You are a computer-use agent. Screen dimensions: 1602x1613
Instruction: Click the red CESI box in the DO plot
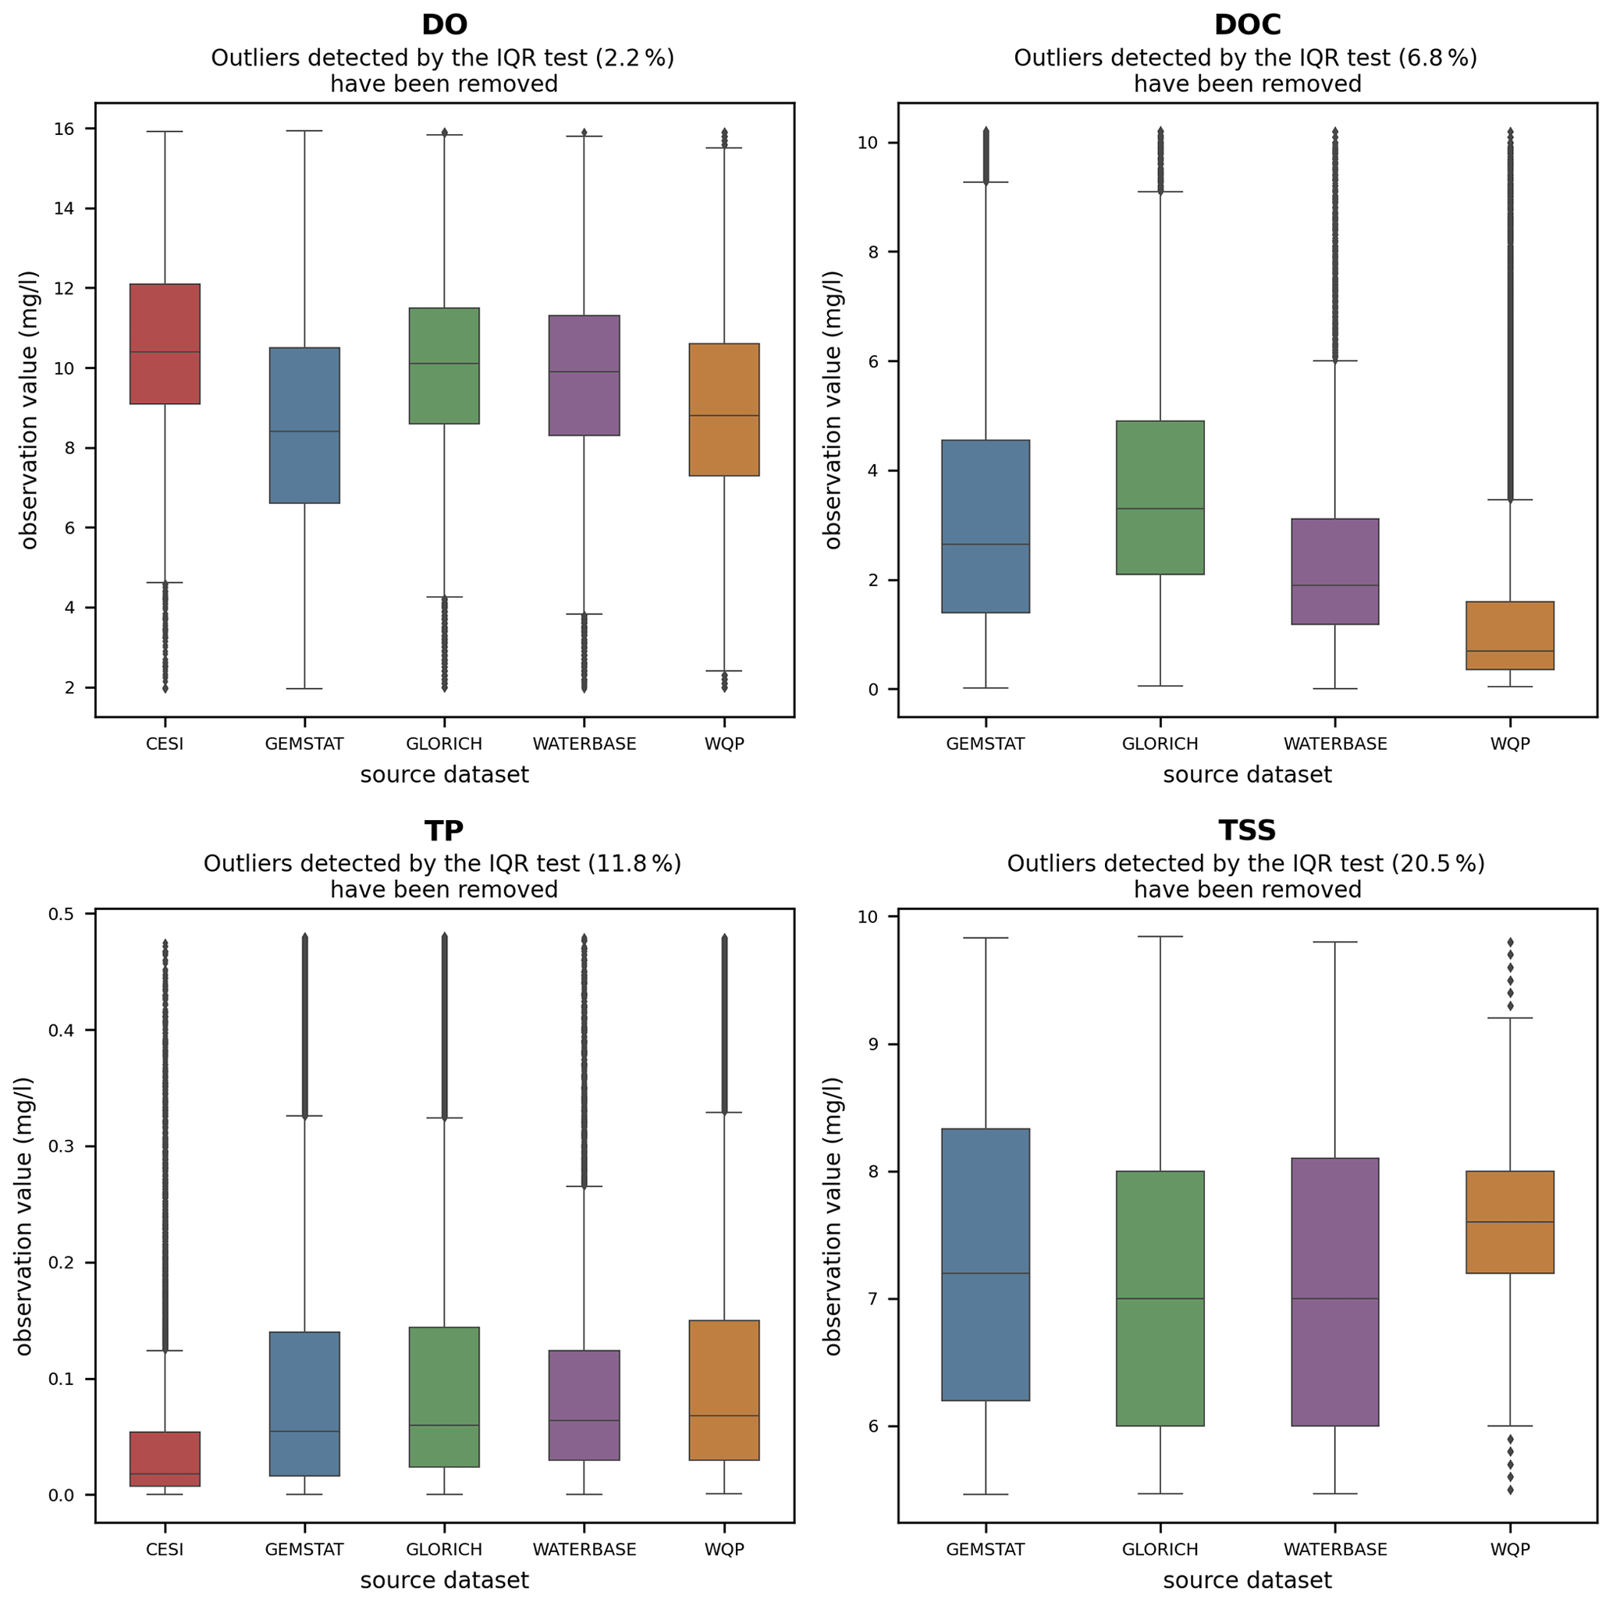coord(165,344)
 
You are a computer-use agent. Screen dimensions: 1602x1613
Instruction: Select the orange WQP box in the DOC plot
coord(1509,635)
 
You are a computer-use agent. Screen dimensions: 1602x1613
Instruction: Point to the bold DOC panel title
coord(1246,25)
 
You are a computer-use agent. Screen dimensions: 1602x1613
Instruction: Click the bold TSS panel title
coord(1246,830)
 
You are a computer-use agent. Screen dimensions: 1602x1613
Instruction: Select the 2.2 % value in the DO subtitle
coord(636,58)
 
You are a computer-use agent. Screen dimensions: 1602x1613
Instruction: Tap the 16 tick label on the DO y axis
coord(64,129)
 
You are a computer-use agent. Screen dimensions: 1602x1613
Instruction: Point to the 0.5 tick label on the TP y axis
coord(62,914)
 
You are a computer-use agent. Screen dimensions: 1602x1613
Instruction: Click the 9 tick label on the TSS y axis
coord(873,1044)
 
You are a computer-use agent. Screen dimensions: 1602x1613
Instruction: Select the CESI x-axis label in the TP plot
coord(165,1550)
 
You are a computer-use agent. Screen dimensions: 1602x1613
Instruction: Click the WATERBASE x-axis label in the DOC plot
coord(1335,744)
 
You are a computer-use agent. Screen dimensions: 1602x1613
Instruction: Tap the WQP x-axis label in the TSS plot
coord(1509,1550)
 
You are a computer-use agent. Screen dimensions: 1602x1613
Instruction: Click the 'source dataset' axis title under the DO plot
coord(444,775)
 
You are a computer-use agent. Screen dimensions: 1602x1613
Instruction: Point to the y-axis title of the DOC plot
coord(833,409)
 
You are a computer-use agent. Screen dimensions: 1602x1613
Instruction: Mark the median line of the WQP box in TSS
coord(1509,1222)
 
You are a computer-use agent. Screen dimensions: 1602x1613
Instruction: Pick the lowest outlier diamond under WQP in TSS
coord(1509,1490)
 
